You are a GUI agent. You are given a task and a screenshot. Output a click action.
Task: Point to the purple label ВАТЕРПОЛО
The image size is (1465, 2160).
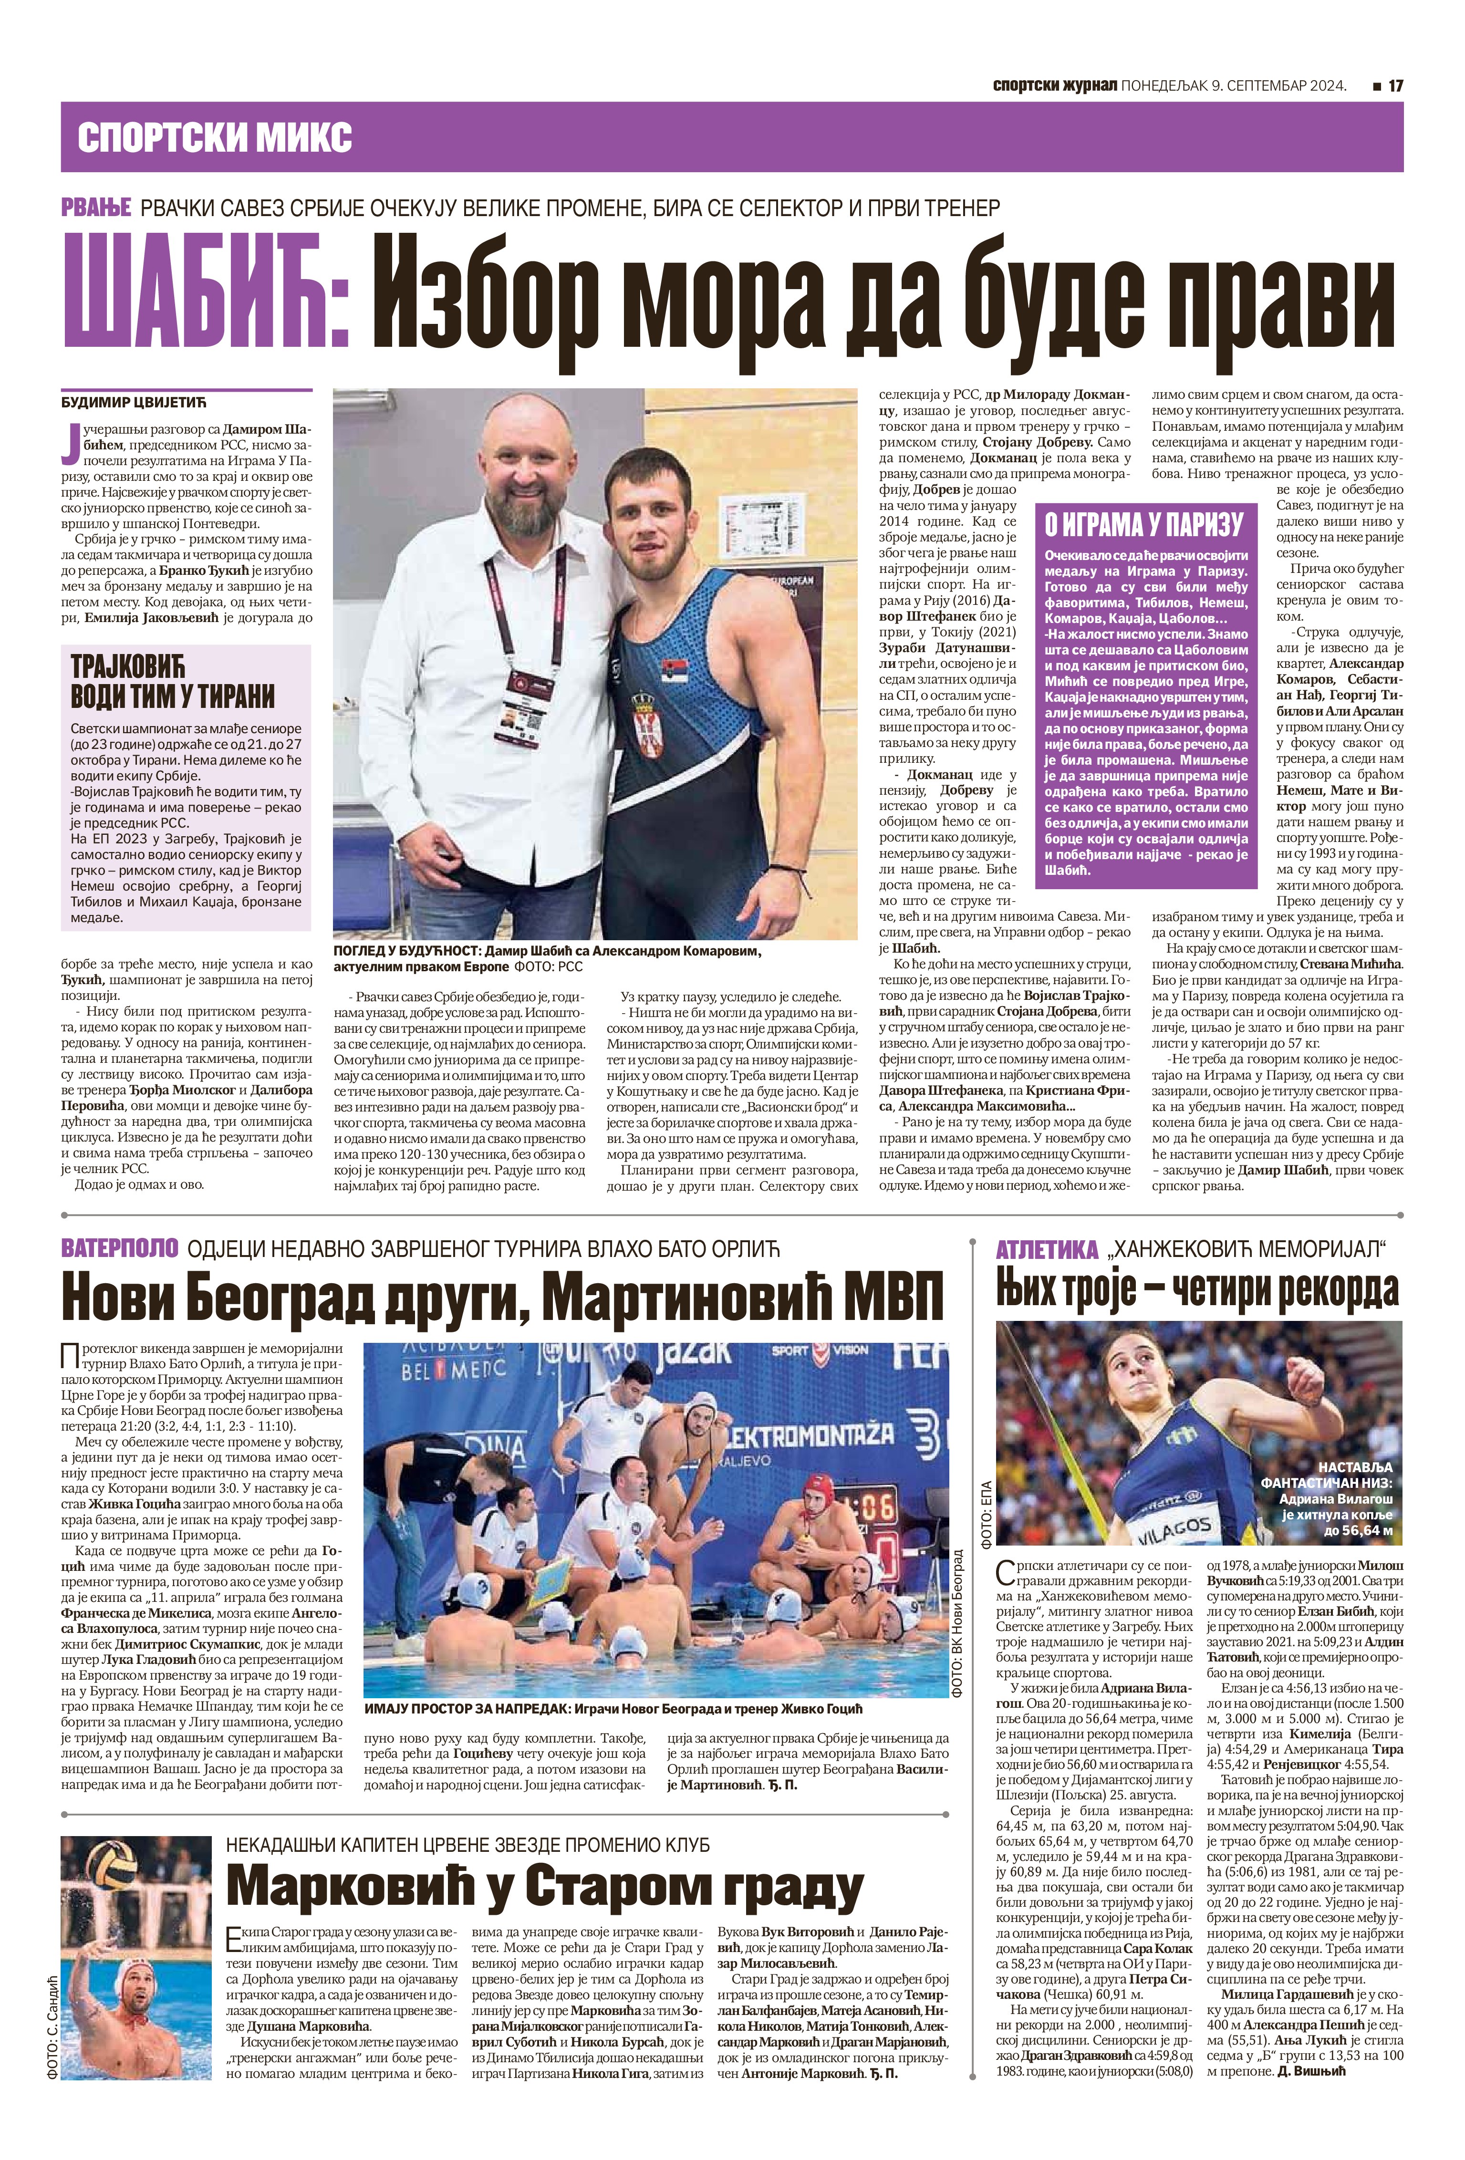(x=118, y=1248)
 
